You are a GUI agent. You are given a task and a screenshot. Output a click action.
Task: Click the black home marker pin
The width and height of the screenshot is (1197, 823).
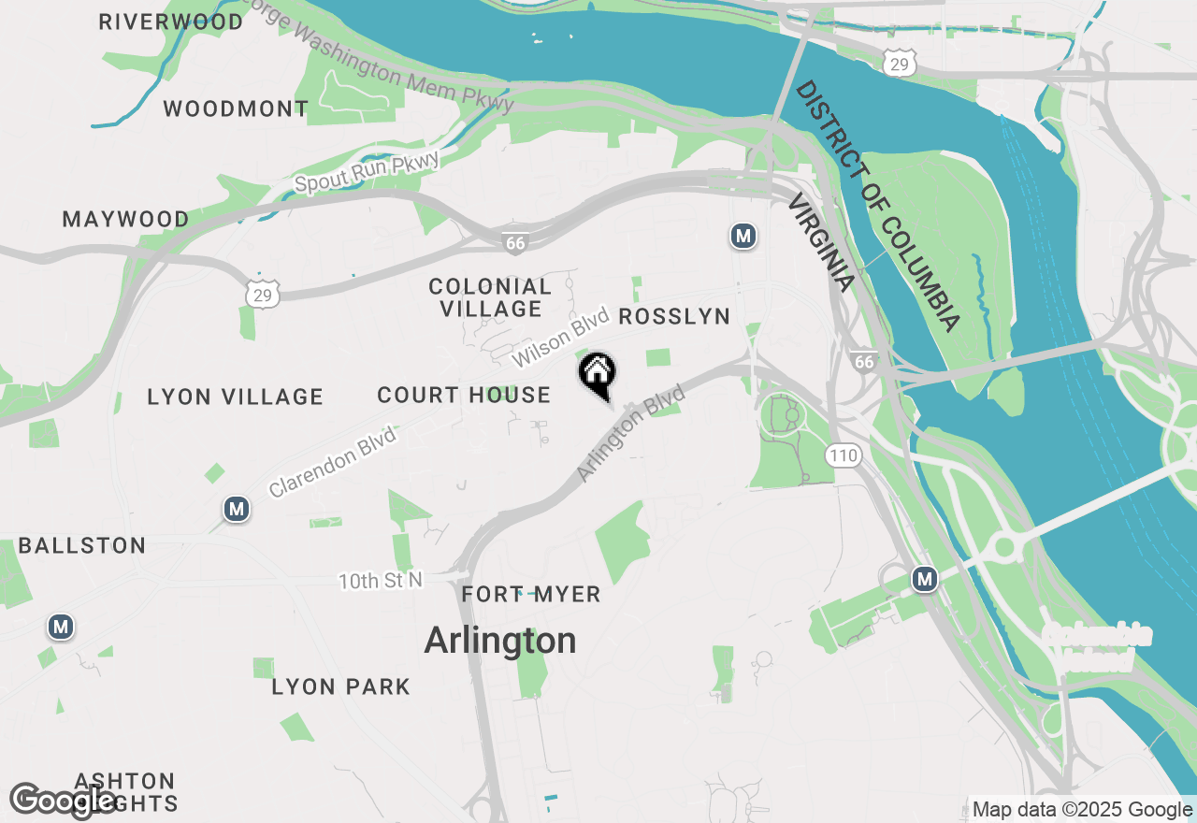click(x=598, y=375)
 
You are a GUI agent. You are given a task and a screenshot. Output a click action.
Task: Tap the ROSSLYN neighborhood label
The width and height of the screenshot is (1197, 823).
click(x=674, y=317)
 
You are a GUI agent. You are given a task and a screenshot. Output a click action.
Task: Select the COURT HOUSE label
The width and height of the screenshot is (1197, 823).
click(x=464, y=396)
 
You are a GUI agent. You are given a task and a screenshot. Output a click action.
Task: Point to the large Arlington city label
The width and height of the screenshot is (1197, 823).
click(x=500, y=642)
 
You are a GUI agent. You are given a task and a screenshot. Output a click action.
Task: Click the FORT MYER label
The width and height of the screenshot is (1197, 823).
click(x=531, y=595)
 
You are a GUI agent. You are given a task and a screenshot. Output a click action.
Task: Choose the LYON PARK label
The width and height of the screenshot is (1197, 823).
click(x=341, y=687)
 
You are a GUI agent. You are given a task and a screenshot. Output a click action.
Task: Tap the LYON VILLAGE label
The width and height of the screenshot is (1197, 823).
click(x=235, y=397)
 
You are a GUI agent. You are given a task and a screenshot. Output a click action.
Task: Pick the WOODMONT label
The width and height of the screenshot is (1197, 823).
click(x=236, y=109)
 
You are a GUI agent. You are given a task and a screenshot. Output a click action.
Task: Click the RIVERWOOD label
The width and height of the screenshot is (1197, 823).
click(x=171, y=22)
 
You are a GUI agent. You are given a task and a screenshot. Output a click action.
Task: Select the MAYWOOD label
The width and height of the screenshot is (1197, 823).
click(x=125, y=220)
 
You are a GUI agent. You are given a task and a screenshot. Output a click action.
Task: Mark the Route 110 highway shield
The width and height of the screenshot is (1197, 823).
click(x=843, y=456)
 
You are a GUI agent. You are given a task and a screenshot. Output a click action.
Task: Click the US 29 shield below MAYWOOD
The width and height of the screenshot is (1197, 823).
click(x=264, y=294)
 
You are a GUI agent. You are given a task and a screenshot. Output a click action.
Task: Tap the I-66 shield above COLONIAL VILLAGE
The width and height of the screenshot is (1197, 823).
click(x=515, y=242)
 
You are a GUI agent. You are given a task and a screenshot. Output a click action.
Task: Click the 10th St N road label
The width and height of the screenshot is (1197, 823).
click(x=381, y=581)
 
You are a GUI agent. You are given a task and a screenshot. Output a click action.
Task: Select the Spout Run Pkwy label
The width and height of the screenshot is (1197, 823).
click(x=367, y=172)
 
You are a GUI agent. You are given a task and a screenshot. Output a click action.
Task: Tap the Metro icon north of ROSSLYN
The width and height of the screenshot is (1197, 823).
click(x=743, y=236)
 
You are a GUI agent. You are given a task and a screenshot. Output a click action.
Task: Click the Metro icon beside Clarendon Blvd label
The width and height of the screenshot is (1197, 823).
click(x=237, y=510)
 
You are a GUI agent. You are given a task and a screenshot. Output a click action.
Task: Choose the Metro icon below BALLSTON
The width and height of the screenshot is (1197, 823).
click(x=62, y=627)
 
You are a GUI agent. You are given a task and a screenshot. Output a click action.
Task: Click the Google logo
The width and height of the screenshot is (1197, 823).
click(x=64, y=801)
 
